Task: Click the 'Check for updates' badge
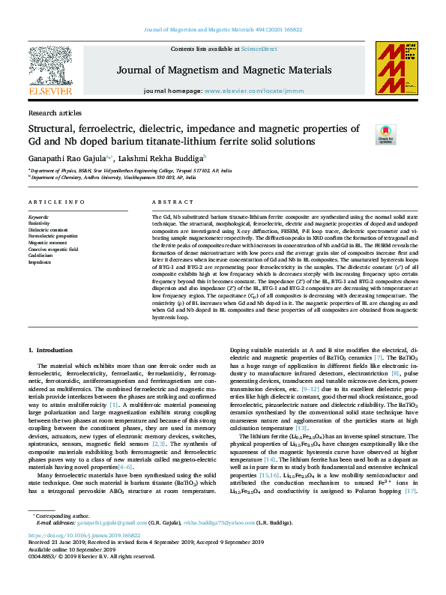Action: click(x=385, y=134)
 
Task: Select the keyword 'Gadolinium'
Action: click(x=40, y=256)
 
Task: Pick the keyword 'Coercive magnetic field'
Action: click(x=54, y=249)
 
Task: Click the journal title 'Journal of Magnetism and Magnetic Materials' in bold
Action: click(x=223, y=71)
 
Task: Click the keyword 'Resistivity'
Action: click(x=39, y=223)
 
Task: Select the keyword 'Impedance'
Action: click(x=40, y=262)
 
